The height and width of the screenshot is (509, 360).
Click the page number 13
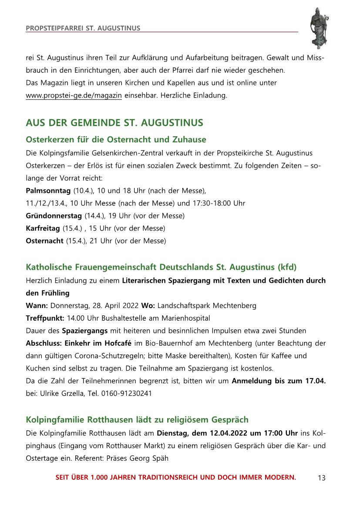(322, 478)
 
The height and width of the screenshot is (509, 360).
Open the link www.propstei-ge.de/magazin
(74, 95)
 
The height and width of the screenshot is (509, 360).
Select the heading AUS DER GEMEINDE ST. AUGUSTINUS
(114, 123)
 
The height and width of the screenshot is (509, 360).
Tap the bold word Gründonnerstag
(54, 216)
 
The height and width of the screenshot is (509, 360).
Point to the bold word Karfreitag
(44, 228)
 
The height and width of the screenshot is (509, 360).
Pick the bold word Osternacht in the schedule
(44, 241)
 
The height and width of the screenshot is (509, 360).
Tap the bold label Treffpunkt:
(45, 318)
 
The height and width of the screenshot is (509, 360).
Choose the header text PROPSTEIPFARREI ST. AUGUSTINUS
(83, 28)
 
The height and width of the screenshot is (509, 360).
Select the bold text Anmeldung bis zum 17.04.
(279, 381)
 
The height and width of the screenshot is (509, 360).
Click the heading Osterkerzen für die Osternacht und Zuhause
(116, 140)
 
